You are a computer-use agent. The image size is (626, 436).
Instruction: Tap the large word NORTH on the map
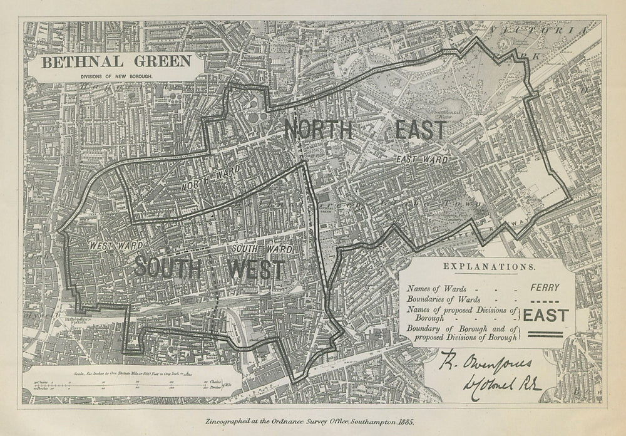(x=319, y=130)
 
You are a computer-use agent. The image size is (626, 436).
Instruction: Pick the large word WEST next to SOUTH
(x=256, y=270)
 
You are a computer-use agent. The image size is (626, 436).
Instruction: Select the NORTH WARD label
(x=202, y=181)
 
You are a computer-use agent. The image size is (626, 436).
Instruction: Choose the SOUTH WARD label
(x=262, y=249)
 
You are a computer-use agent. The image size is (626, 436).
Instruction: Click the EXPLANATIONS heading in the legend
(x=488, y=266)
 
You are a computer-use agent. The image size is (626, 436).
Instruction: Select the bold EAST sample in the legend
(x=546, y=315)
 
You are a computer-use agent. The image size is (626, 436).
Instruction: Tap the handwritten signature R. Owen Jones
(x=485, y=361)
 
